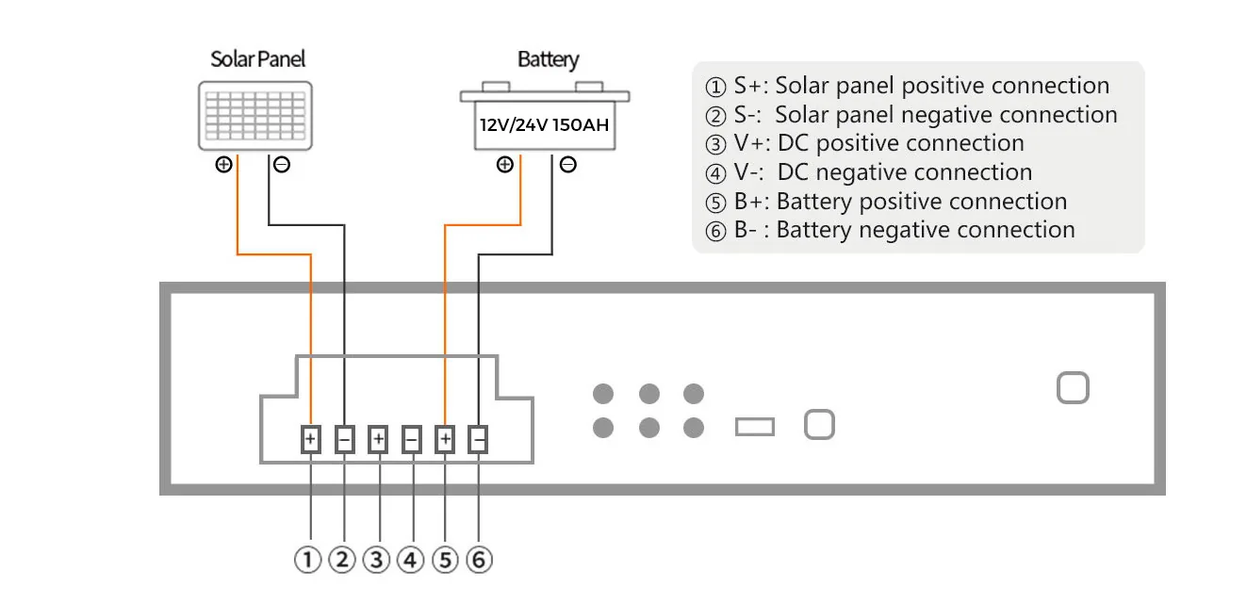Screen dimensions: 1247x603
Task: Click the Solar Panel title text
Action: [257, 59]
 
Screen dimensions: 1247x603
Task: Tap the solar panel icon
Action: [255, 116]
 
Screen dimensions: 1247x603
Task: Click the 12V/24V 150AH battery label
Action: [544, 124]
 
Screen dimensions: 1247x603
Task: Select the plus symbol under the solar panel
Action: [223, 165]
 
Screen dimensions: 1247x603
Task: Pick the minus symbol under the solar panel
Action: [282, 165]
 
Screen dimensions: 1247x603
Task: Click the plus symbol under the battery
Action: [505, 165]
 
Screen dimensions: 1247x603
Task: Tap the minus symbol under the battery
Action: [567, 165]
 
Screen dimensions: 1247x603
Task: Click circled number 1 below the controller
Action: [308, 560]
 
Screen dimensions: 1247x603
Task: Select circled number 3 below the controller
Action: [377, 560]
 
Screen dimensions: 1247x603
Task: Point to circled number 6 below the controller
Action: [479, 560]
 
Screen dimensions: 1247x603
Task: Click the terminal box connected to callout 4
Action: [411, 440]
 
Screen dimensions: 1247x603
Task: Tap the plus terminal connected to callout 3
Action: [378, 440]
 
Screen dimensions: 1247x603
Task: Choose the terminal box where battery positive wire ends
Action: [445, 440]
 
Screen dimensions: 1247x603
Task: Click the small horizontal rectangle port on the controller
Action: [755, 427]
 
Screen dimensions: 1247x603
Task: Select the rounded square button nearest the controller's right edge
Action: [1073, 388]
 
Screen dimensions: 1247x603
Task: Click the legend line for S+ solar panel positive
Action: [907, 86]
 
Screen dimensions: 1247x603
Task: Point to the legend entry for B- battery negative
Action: [890, 230]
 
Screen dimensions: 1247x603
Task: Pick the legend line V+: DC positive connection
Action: [864, 143]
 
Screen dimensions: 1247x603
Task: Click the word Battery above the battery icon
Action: [549, 59]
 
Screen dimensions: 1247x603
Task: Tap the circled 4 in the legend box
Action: [715, 173]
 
